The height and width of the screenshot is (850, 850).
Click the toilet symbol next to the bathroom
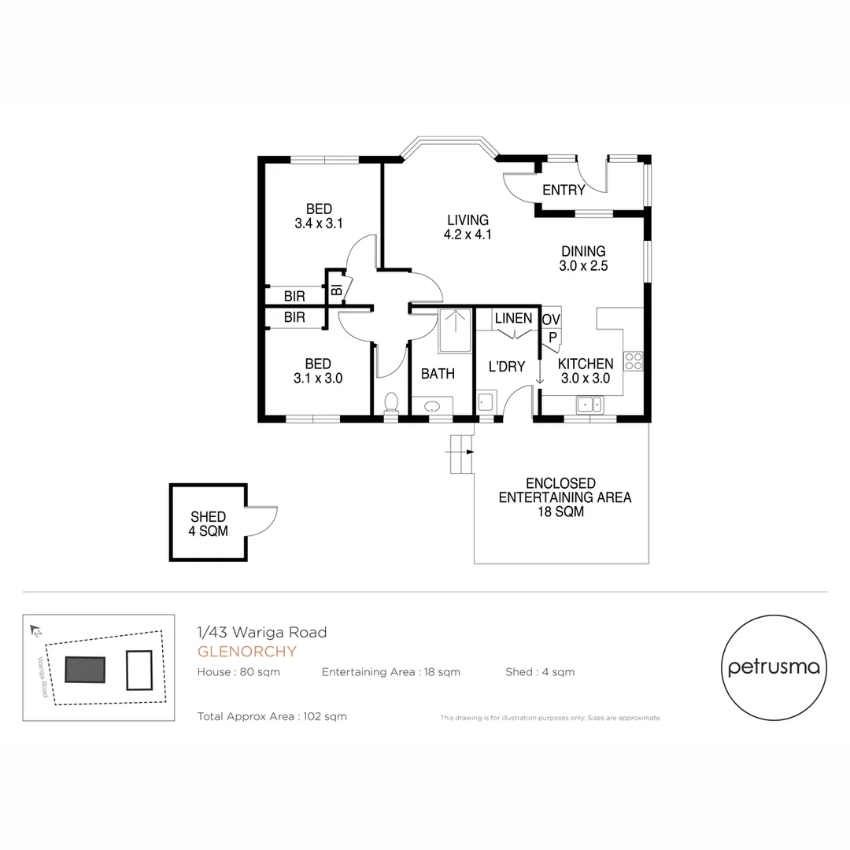coord(390,403)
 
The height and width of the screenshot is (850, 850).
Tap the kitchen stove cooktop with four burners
coord(634,361)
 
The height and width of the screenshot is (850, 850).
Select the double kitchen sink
coord(589,405)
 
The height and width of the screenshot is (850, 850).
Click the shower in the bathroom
coord(455,330)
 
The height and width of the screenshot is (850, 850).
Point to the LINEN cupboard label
coord(513,319)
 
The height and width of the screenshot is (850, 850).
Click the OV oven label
coord(551,319)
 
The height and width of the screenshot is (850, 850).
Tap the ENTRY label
coord(564,190)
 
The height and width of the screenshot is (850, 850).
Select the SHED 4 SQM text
coord(208,524)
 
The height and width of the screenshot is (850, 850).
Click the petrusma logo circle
coord(774,667)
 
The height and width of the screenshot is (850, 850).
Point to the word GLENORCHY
coord(247,652)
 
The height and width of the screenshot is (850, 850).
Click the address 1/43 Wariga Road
coord(261,632)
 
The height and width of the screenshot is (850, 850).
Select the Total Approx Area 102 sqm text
coord(272,716)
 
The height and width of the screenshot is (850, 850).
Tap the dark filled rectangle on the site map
coord(85,670)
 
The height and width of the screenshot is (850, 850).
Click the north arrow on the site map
coord(35,630)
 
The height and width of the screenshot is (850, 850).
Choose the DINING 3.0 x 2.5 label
coord(583,259)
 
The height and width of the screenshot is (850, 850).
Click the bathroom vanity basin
coord(433,407)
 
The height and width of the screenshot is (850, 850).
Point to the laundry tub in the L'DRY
coord(486,402)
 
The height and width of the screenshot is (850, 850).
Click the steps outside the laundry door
coord(460,454)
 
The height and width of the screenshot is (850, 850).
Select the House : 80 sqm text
coord(238,672)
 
